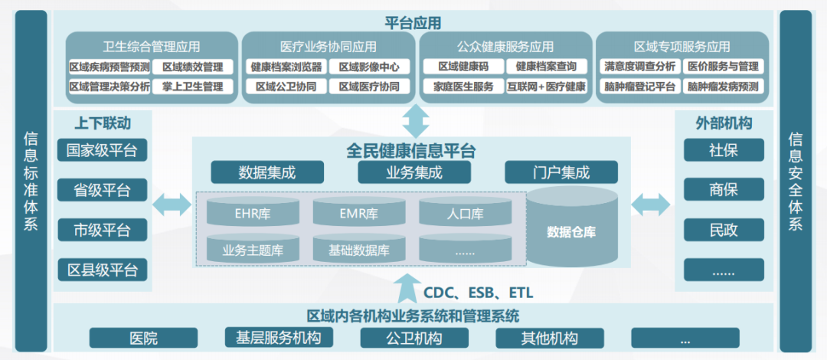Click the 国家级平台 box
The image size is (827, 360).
click(x=102, y=150)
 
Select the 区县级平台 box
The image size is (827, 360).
click(x=102, y=269)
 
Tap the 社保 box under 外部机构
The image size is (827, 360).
click(x=724, y=150)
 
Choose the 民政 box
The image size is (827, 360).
click(x=724, y=228)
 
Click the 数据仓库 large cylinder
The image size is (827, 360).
click(x=571, y=231)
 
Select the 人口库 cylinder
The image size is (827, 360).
click(x=463, y=212)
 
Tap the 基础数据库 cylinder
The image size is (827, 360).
click(x=358, y=248)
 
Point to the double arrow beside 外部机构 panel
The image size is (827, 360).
click(x=650, y=205)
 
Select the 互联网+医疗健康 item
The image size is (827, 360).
click(x=546, y=87)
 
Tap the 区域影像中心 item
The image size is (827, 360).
click(x=369, y=67)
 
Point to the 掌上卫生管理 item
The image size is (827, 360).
click(x=192, y=87)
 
